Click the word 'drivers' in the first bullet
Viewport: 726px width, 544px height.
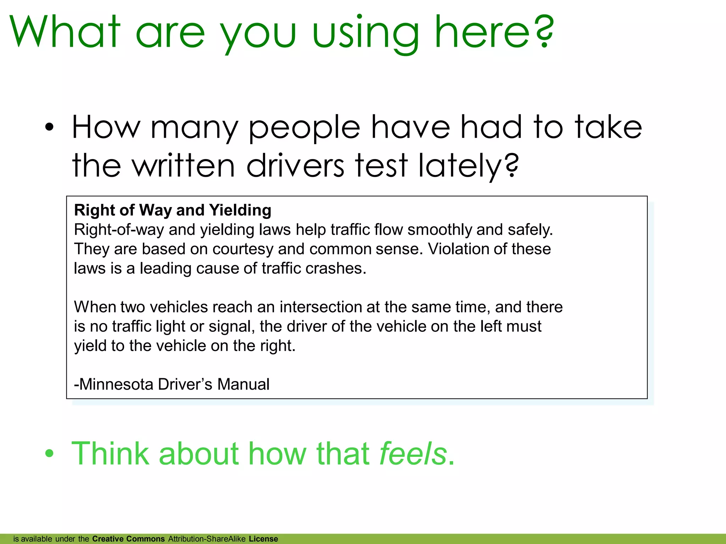(295, 166)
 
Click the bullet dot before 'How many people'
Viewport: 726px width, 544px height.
(49, 127)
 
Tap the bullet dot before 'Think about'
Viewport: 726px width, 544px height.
(49, 454)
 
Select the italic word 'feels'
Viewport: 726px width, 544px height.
(413, 454)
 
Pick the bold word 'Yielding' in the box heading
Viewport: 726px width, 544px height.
(240, 210)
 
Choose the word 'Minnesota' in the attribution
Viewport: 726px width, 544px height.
(116, 385)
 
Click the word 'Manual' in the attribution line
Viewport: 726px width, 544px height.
(243, 385)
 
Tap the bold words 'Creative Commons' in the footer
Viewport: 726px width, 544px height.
(128, 539)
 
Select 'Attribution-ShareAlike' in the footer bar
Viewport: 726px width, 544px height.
(207, 539)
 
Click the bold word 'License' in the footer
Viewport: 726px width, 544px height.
(263, 539)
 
